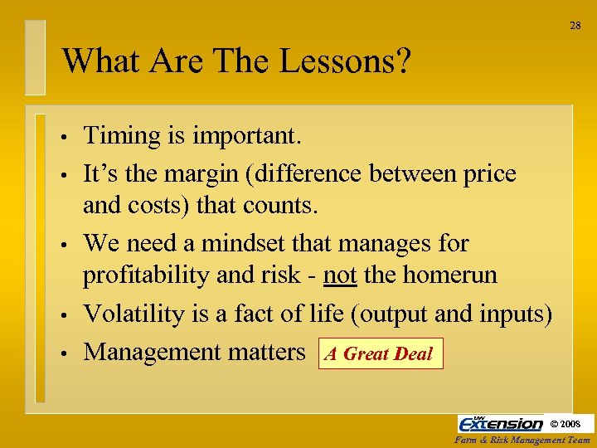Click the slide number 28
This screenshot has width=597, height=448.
tap(575, 26)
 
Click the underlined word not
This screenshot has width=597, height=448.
tap(341, 275)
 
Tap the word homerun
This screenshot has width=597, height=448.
tap(453, 275)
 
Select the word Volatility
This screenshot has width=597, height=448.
tap(132, 314)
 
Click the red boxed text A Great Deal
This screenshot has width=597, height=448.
tap(379, 353)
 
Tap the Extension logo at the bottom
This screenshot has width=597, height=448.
tap(501, 424)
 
